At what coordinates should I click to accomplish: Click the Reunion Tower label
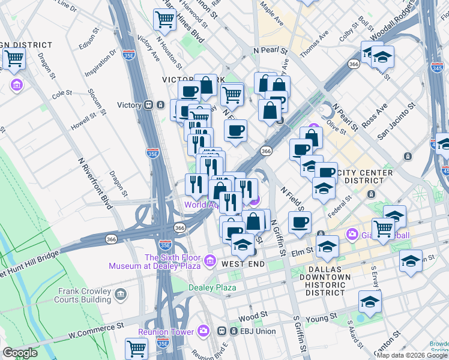click(x=166, y=332)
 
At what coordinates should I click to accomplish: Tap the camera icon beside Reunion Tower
click(x=204, y=331)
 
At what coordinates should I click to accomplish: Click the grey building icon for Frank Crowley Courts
click(x=121, y=294)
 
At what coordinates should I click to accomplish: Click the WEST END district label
click(x=243, y=264)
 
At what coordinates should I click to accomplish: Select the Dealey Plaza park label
click(x=212, y=287)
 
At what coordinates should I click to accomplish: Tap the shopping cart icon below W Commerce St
click(x=137, y=348)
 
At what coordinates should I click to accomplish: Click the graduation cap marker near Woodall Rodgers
click(x=382, y=58)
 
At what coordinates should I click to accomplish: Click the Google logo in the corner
click(x=20, y=353)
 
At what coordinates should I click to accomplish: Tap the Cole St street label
click(x=62, y=94)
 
